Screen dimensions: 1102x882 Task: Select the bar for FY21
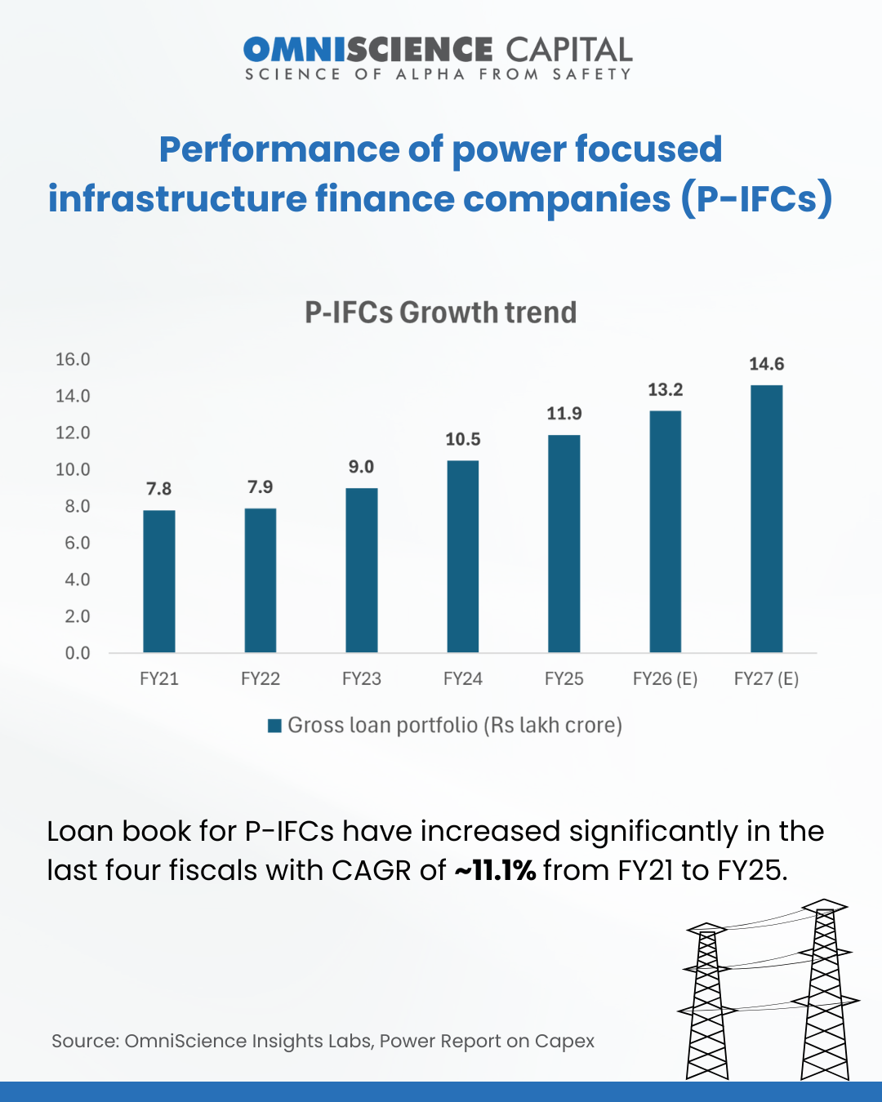[x=159, y=581]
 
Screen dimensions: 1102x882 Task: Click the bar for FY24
[x=463, y=557]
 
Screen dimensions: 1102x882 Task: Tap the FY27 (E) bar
[x=767, y=519]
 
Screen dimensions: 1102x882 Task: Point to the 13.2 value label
[x=666, y=390]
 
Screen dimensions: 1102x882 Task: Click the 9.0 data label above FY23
[x=361, y=467]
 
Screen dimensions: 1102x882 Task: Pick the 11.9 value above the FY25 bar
[x=564, y=414]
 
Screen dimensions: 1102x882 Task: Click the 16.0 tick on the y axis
[x=73, y=360]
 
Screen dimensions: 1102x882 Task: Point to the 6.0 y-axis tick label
[x=78, y=544]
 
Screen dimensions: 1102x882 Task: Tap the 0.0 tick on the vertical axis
[x=78, y=653]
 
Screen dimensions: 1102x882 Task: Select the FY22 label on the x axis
[x=261, y=679]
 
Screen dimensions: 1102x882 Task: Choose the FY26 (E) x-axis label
[x=665, y=679]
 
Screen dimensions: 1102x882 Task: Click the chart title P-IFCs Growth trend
[x=441, y=313]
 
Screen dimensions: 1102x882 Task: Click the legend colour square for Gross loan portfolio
[x=275, y=726]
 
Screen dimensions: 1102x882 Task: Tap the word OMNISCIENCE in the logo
[x=368, y=50]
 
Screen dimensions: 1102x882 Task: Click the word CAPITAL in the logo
[x=569, y=50]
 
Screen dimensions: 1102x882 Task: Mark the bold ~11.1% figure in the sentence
[x=495, y=871]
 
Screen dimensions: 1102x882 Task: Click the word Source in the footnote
[x=85, y=1042]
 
